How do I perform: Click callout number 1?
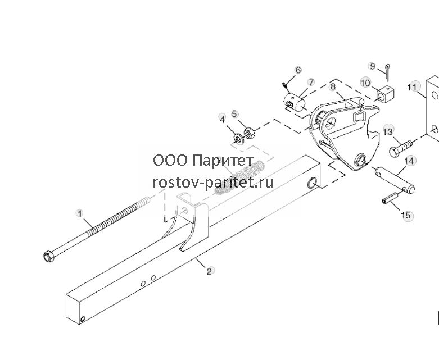pyautogui.click(x=80, y=214)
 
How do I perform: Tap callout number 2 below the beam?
pyautogui.click(x=209, y=271)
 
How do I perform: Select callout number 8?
pyautogui.click(x=333, y=86)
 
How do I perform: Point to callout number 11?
pyautogui.click(x=413, y=87)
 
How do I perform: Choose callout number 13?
pyautogui.click(x=388, y=131)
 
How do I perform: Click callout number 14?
pyautogui.click(x=409, y=161)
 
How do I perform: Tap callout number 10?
pyautogui.click(x=365, y=83)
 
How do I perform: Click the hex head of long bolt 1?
pyautogui.click(x=48, y=256)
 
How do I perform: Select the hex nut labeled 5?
pyautogui.click(x=249, y=133)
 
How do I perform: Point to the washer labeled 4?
pyautogui.click(x=238, y=138)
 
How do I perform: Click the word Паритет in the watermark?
pyautogui.click(x=223, y=161)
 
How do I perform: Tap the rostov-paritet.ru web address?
pyautogui.click(x=213, y=183)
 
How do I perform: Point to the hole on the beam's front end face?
pyautogui.click(x=83, y=318)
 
